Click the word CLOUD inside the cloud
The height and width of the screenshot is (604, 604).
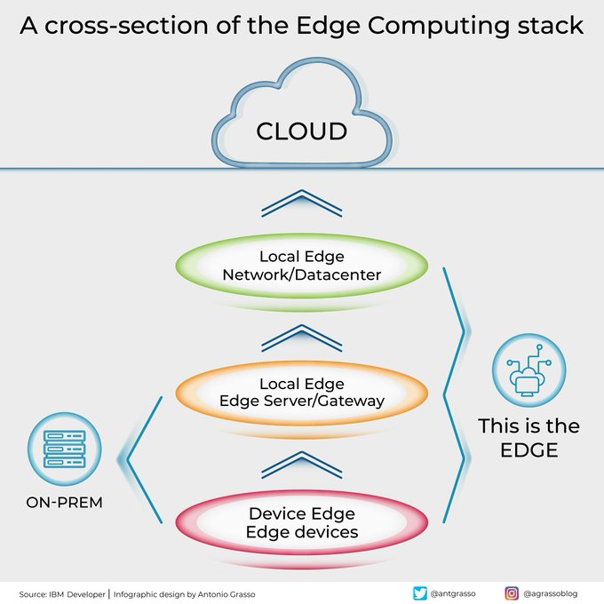(x=301, y=131)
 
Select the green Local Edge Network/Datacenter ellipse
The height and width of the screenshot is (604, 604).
(x=301, y=266)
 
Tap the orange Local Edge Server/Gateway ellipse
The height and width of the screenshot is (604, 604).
(x=301, y=393)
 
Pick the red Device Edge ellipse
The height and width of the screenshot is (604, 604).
(x=301, y=523)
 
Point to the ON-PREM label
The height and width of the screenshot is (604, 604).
(x=63, y=503)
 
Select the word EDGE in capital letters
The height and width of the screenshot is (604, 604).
(x=528, y=450)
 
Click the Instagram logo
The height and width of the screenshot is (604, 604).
(x=512, y=593)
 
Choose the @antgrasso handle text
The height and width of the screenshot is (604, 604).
(x=455, y=593)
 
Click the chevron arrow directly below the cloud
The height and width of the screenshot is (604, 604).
(x=301, y=203)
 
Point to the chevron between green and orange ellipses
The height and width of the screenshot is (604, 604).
(x=301, y=338)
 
